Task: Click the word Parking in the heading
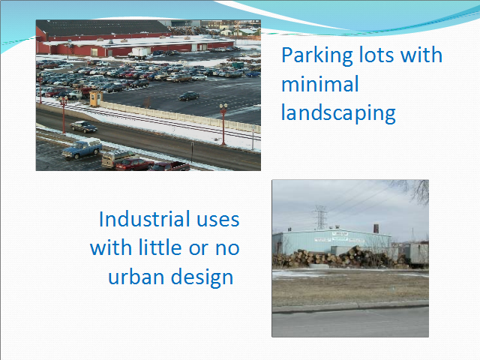pos(317,56)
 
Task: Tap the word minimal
pos(320,84)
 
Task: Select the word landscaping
pos(338,113)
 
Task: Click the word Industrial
pos(143,219)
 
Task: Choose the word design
pos(202,277)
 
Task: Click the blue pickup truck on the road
pos(82,148)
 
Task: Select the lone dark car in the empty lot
pos(189,96)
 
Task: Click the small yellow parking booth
pos(96,98)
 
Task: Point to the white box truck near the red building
pos(139,52)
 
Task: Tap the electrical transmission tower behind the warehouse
pos(320,217)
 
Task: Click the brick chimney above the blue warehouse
pos(376,228)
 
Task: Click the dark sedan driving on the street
pos(83,127)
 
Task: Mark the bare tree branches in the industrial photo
pos(412,190)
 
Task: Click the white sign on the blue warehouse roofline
pos(340,234)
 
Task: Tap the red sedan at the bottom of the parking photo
pos(135,164)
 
